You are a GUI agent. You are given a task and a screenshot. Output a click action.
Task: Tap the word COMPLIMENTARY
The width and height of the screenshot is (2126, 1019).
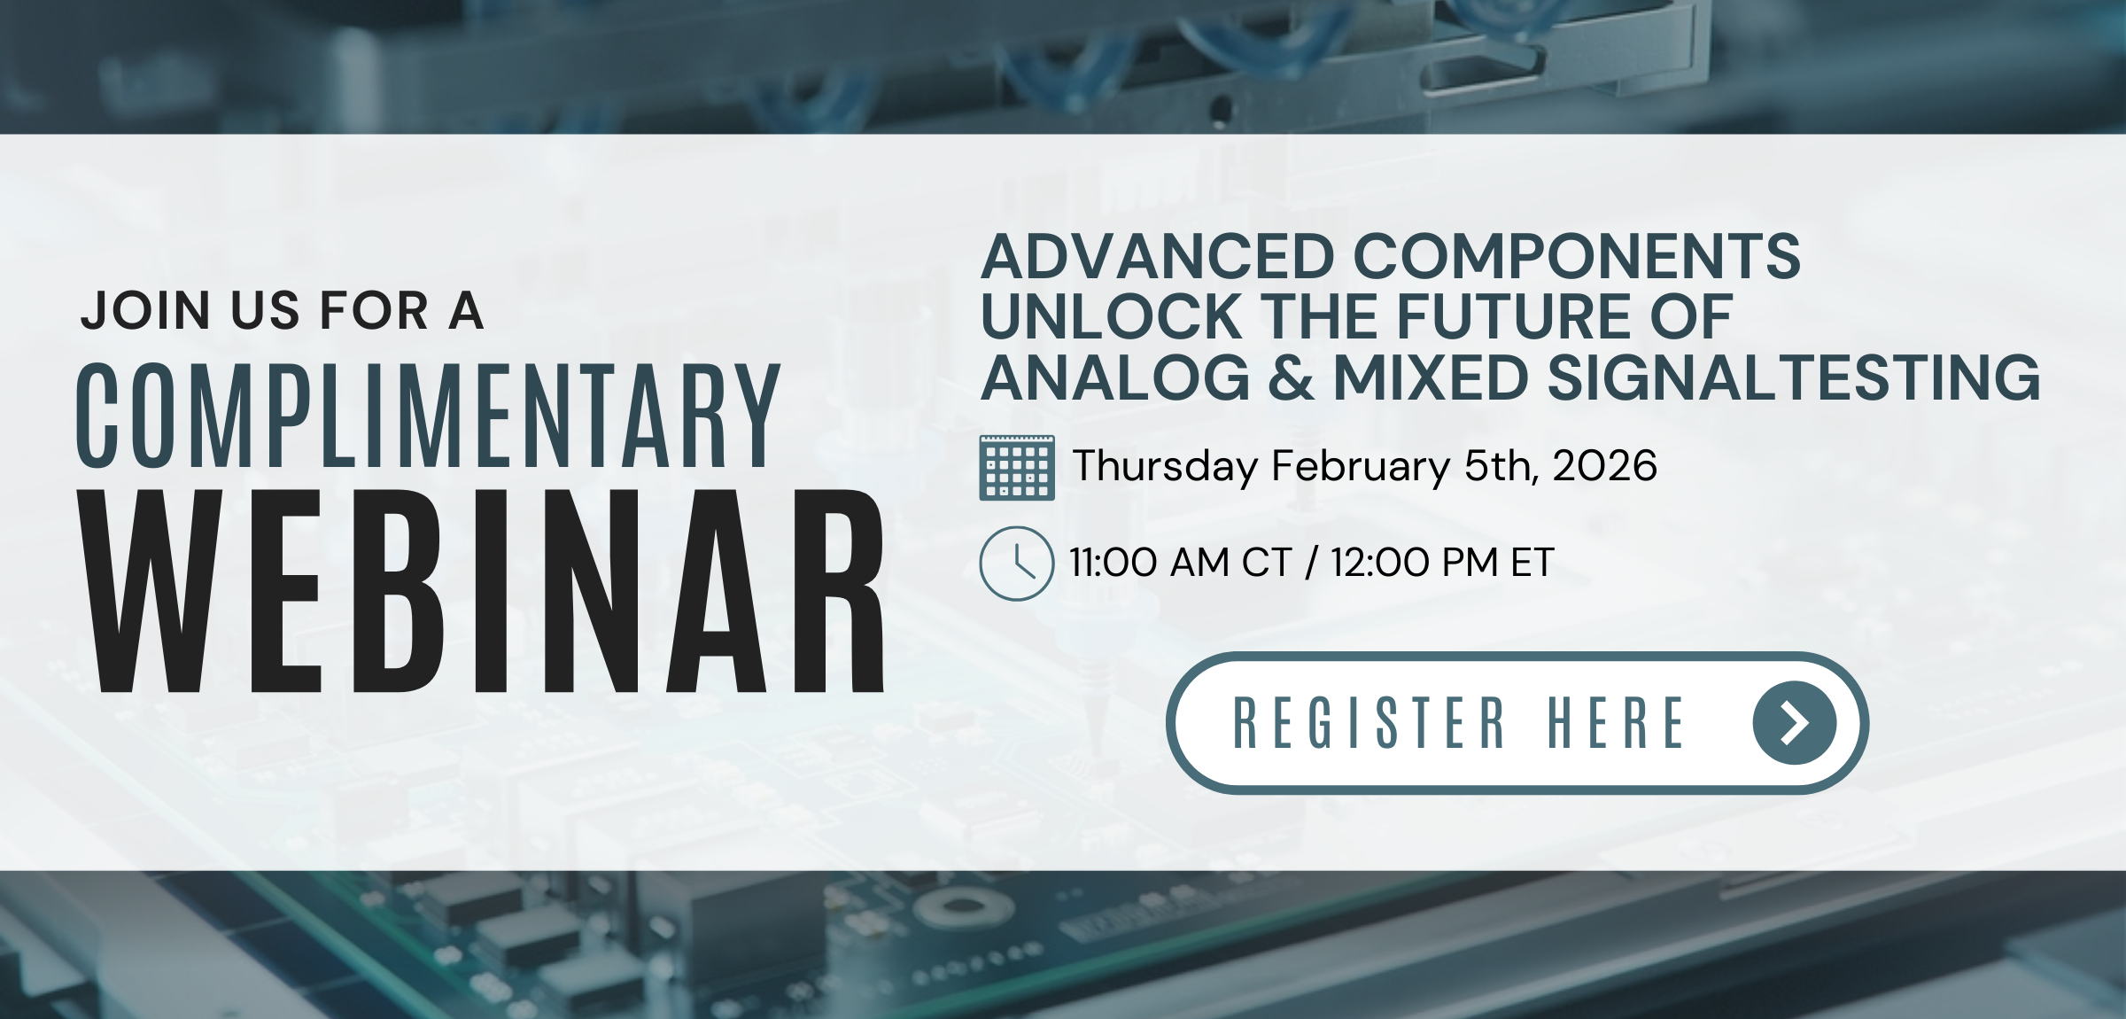(x=428, y=415)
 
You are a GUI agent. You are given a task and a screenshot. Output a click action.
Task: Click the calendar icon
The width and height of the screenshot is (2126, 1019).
(x=1017, y=468)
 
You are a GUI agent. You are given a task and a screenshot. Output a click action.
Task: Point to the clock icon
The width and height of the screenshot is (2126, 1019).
(x=1017, y=564)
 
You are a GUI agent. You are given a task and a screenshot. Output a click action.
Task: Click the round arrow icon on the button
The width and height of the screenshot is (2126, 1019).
(x=1795, y=723)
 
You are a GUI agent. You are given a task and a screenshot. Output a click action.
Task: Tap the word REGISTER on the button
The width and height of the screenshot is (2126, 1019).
(x=1369, y=723)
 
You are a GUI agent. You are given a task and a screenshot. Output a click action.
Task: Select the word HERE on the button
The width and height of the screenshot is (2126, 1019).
(x=1616, y=723)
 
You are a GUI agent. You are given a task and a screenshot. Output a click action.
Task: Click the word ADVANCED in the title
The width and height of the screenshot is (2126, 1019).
(x=1158, y=256)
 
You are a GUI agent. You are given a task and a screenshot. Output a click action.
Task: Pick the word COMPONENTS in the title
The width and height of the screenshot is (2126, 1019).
(x=1577, y=256)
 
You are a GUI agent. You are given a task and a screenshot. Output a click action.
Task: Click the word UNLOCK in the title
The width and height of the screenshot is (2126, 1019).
(x=1111, y=316)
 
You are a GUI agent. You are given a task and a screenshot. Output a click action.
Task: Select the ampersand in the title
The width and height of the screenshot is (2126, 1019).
(x=1292, y=377)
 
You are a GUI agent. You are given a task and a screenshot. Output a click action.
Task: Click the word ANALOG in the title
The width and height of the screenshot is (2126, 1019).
(x=1116, y=377)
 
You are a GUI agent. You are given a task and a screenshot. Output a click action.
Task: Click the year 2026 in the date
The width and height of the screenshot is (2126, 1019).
(x=1604, y=466)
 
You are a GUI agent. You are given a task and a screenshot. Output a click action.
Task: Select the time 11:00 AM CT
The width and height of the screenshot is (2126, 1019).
(x=1180, y=563)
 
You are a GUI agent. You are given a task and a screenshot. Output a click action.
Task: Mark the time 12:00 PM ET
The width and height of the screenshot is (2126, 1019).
(x=1442, y=563)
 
